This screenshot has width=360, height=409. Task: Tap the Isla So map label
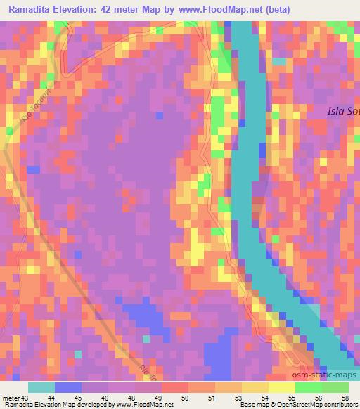[x=342, y=110]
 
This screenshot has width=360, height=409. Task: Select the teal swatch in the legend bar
[x=41, y=387]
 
